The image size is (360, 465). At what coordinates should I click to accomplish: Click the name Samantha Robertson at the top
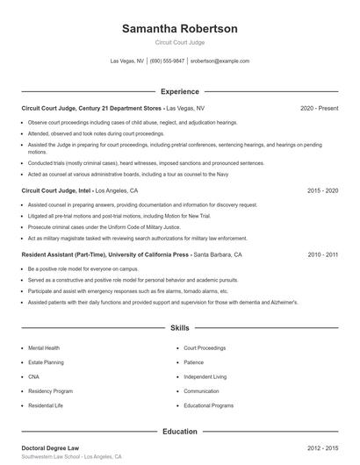point(179,28)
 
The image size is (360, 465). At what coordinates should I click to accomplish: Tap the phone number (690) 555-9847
point(167,61)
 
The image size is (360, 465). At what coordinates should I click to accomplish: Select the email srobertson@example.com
point(220,61)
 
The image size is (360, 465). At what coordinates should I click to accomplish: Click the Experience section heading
point(179,90)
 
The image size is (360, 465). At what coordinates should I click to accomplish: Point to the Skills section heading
point(179,328)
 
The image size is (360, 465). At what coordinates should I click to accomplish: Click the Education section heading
point(179,431)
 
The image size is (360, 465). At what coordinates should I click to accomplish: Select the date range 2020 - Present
point(319,108)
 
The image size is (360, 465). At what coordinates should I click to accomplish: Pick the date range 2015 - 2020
point(323,190)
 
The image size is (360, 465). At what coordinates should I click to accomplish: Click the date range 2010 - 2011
point(323,254)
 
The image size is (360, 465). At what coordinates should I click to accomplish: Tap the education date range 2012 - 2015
point(323,448)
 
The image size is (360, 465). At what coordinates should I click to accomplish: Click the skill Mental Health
point(44,348)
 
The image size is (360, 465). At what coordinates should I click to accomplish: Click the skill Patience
point(194,362)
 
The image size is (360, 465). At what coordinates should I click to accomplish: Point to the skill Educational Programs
point(208,405)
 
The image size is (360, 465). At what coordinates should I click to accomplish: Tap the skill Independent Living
point(205,377)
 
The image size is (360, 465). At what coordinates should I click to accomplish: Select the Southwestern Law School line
point(71,458)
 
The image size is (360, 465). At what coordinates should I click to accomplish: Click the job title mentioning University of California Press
point(105,254)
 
